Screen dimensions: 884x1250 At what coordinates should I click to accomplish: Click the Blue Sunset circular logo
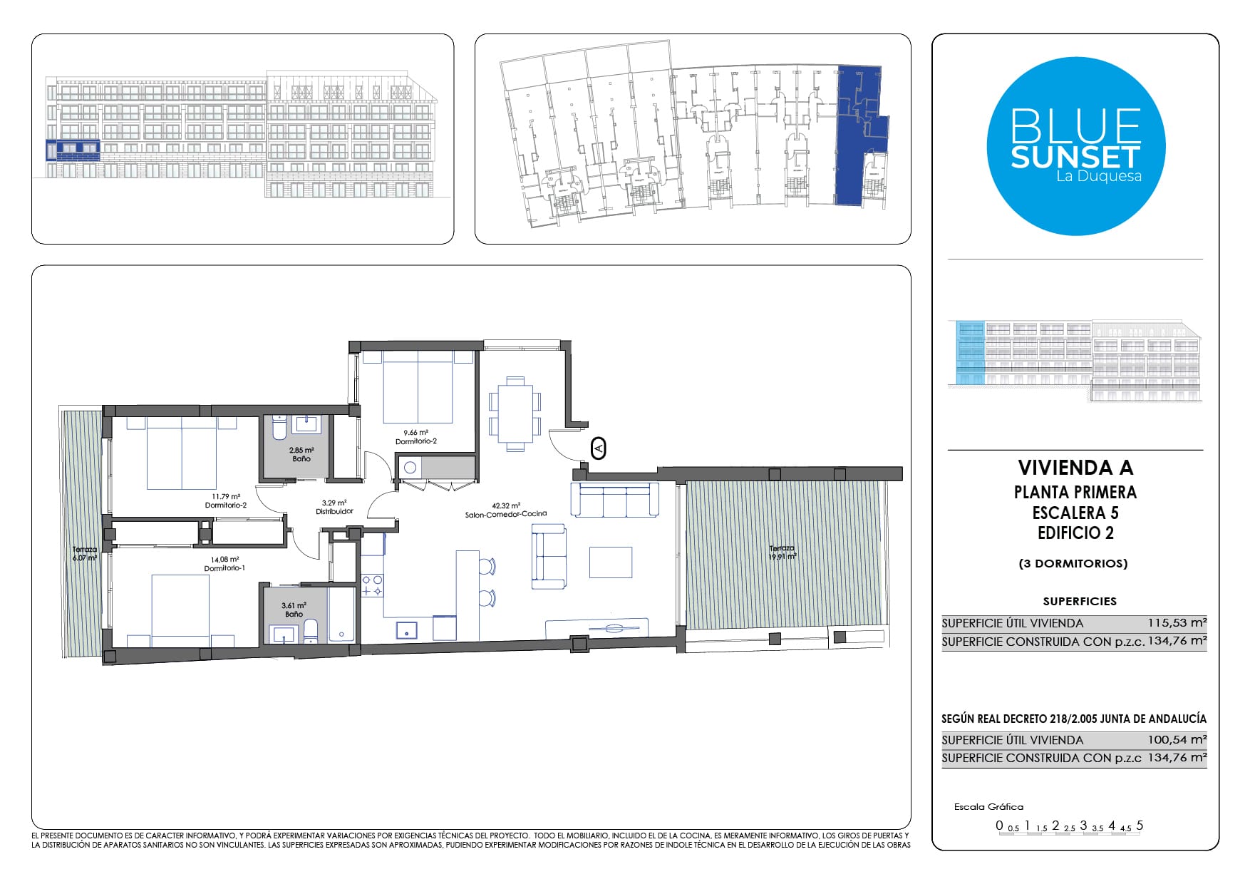[1075, 146]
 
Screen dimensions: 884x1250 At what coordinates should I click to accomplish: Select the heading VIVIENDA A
[1075, 468]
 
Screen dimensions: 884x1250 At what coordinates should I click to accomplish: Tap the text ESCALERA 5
[1075, 513]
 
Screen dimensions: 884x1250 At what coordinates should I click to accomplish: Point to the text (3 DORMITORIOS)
[1073, 563]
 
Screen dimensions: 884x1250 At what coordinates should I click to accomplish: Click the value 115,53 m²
[1177, 622]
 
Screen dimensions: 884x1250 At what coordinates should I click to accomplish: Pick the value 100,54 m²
[1177, 739]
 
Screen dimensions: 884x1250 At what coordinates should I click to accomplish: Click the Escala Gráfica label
[988, 806]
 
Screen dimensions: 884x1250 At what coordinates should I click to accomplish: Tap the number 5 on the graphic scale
[1140, 825]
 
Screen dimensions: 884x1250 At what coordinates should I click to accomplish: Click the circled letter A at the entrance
[599, 448]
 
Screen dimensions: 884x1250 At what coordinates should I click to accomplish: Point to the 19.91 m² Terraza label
[782, 552]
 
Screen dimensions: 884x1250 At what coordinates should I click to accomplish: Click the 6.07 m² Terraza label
[84, 554]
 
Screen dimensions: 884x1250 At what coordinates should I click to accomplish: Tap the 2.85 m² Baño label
[301, 454]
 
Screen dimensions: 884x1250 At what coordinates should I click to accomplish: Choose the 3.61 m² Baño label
[294, 610]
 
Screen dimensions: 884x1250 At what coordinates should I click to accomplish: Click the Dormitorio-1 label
[224, 564]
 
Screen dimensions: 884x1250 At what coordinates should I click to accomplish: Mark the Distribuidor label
[334, 507]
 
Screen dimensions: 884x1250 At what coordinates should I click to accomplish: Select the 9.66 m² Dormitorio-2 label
[416, 436]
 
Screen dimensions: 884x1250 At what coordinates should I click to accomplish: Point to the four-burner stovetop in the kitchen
[372, 585]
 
